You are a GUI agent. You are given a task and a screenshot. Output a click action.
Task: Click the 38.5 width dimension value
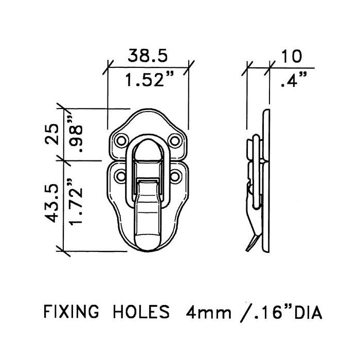pyautogui.click(x=148, y=56)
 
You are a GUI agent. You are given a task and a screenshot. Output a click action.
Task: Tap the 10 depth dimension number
pyautogui.click(x=292, y=56)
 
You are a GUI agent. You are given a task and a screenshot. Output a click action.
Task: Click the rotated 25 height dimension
pyautogui.click(x=51, y=135)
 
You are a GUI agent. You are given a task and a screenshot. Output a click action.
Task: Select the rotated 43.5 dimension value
pyautogui.click(x=51, y=205)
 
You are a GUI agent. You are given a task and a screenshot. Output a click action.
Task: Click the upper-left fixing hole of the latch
pyautogui.click(x=122, y=140)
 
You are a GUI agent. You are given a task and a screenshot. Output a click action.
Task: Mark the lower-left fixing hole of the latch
pyautogui.click(x=122, y=176)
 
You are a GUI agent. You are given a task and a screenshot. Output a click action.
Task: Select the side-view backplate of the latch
pyautogui.click(x=266, y=180)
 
